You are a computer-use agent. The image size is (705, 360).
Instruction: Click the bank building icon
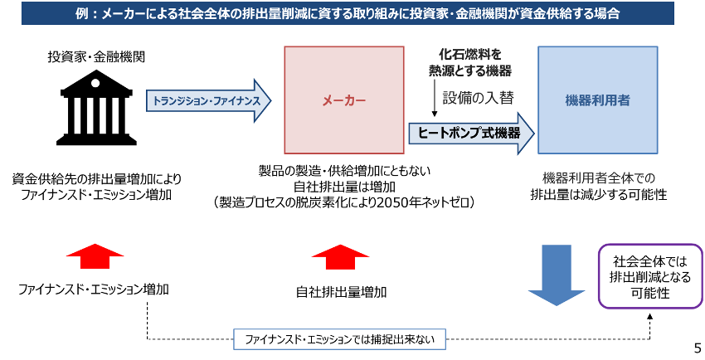click(x=96, y=107)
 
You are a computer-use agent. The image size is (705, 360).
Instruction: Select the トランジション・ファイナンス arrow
click(x=209, y=100)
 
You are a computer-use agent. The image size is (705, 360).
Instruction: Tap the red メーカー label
click(x=344, y=100)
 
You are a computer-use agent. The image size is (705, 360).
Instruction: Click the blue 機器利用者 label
click(x=597, y=100)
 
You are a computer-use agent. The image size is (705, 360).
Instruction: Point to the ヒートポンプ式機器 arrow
click(x=471, y=134)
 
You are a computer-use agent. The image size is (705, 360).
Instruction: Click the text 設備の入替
click(x=478, y=98)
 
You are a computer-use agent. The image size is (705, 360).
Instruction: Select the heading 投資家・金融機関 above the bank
click(x=96, y=57)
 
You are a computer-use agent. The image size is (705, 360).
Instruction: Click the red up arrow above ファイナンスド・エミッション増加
click(x=95, y=256)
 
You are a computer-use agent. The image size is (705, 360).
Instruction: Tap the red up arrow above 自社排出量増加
click(x=340, y=256)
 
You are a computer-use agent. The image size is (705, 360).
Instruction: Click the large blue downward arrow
click(x=557, y=275)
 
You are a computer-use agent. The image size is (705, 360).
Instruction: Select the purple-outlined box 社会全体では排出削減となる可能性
click(x=650, y=276)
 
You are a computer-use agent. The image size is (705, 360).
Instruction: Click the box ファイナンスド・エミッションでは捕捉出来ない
click(x=339, y=339)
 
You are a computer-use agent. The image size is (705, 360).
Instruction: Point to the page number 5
click(x=698, y=348)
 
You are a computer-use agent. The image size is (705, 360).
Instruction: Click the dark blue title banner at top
click(x=348, y=13)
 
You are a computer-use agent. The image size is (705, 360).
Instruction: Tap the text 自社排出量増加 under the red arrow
click(x=341, y=292)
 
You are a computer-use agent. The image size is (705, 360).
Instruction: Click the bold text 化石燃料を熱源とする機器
click(x=469, y=62)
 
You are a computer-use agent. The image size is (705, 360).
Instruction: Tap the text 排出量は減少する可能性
click(x=599, y=195)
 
